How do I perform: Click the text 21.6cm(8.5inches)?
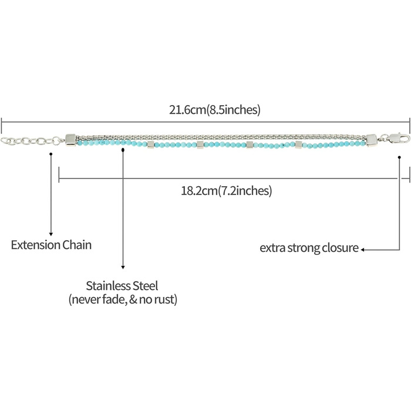pyautogui.click(x=214, y=110)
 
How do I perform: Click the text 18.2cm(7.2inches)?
pyautogui.click(x=226, y=191)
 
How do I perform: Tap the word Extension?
pyautogui.click(x=35, y=245)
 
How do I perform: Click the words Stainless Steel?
pyautogui.click(x=122, y=287)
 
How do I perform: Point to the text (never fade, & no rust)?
pyautogui.click(x=122, y=300)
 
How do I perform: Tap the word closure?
pyautogui.click(x=340, y=248)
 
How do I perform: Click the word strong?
pyautogui.click(x=304, y=248)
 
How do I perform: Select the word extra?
pyautogui.click(x=273, y=248)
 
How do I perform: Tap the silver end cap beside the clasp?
pyautogui.click(x=372, y=140)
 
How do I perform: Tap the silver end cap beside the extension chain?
pyautogui.click(x=70, y=140)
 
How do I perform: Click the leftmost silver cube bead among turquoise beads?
pyautogui.click(x=151, y=144)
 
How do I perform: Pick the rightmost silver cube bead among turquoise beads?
pyautogui.click(x=298, y=144)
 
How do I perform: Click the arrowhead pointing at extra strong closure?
pyautogui.click(x=363, y=249)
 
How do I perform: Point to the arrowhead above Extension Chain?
pyautogui.click(x=52, y=233)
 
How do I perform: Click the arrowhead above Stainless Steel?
pyautogui.click(x=122, y=267)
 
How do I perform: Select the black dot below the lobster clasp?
pyautogui.click(x=400, y=157)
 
